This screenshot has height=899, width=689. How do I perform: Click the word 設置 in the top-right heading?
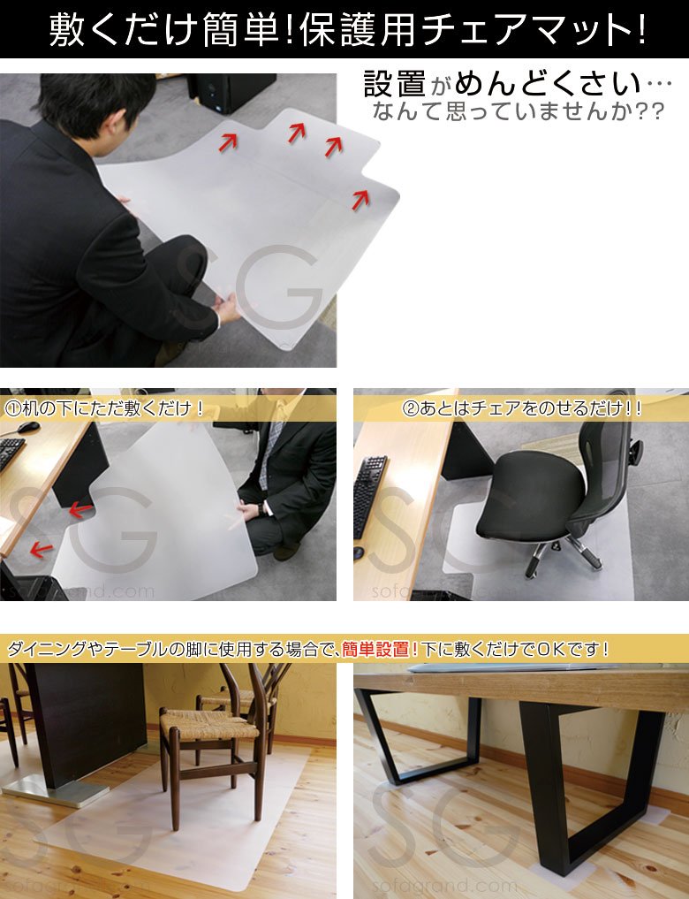(x=395, y=84)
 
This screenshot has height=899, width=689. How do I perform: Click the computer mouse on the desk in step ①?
(x=28, y=427)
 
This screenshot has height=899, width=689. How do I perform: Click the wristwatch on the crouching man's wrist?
(x=261, y=509)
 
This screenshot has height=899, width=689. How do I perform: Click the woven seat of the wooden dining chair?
(x=209, y=724)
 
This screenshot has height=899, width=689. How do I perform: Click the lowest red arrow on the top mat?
(x=360, y=199)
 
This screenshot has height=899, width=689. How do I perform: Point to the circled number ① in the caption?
(x=12, y=408)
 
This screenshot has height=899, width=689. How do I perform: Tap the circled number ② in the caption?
(x=411, y=408)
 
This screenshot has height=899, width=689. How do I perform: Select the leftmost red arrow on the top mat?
(x=227, y=142)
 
